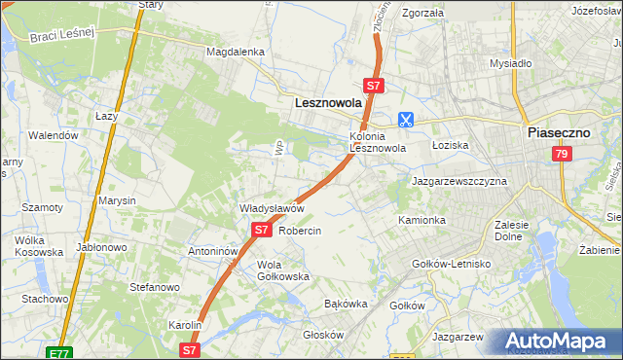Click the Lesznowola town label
click(328, 100)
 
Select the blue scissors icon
click(405, 120)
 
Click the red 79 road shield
click(561, 154)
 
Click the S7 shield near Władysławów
click(261, 230)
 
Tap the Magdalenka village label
click(235, 52)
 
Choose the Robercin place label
click(300, 232)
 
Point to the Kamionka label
click(421, 221)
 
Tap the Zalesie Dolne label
click(511, 230)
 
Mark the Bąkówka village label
click(345, 304)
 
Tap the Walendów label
click(53, 135)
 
